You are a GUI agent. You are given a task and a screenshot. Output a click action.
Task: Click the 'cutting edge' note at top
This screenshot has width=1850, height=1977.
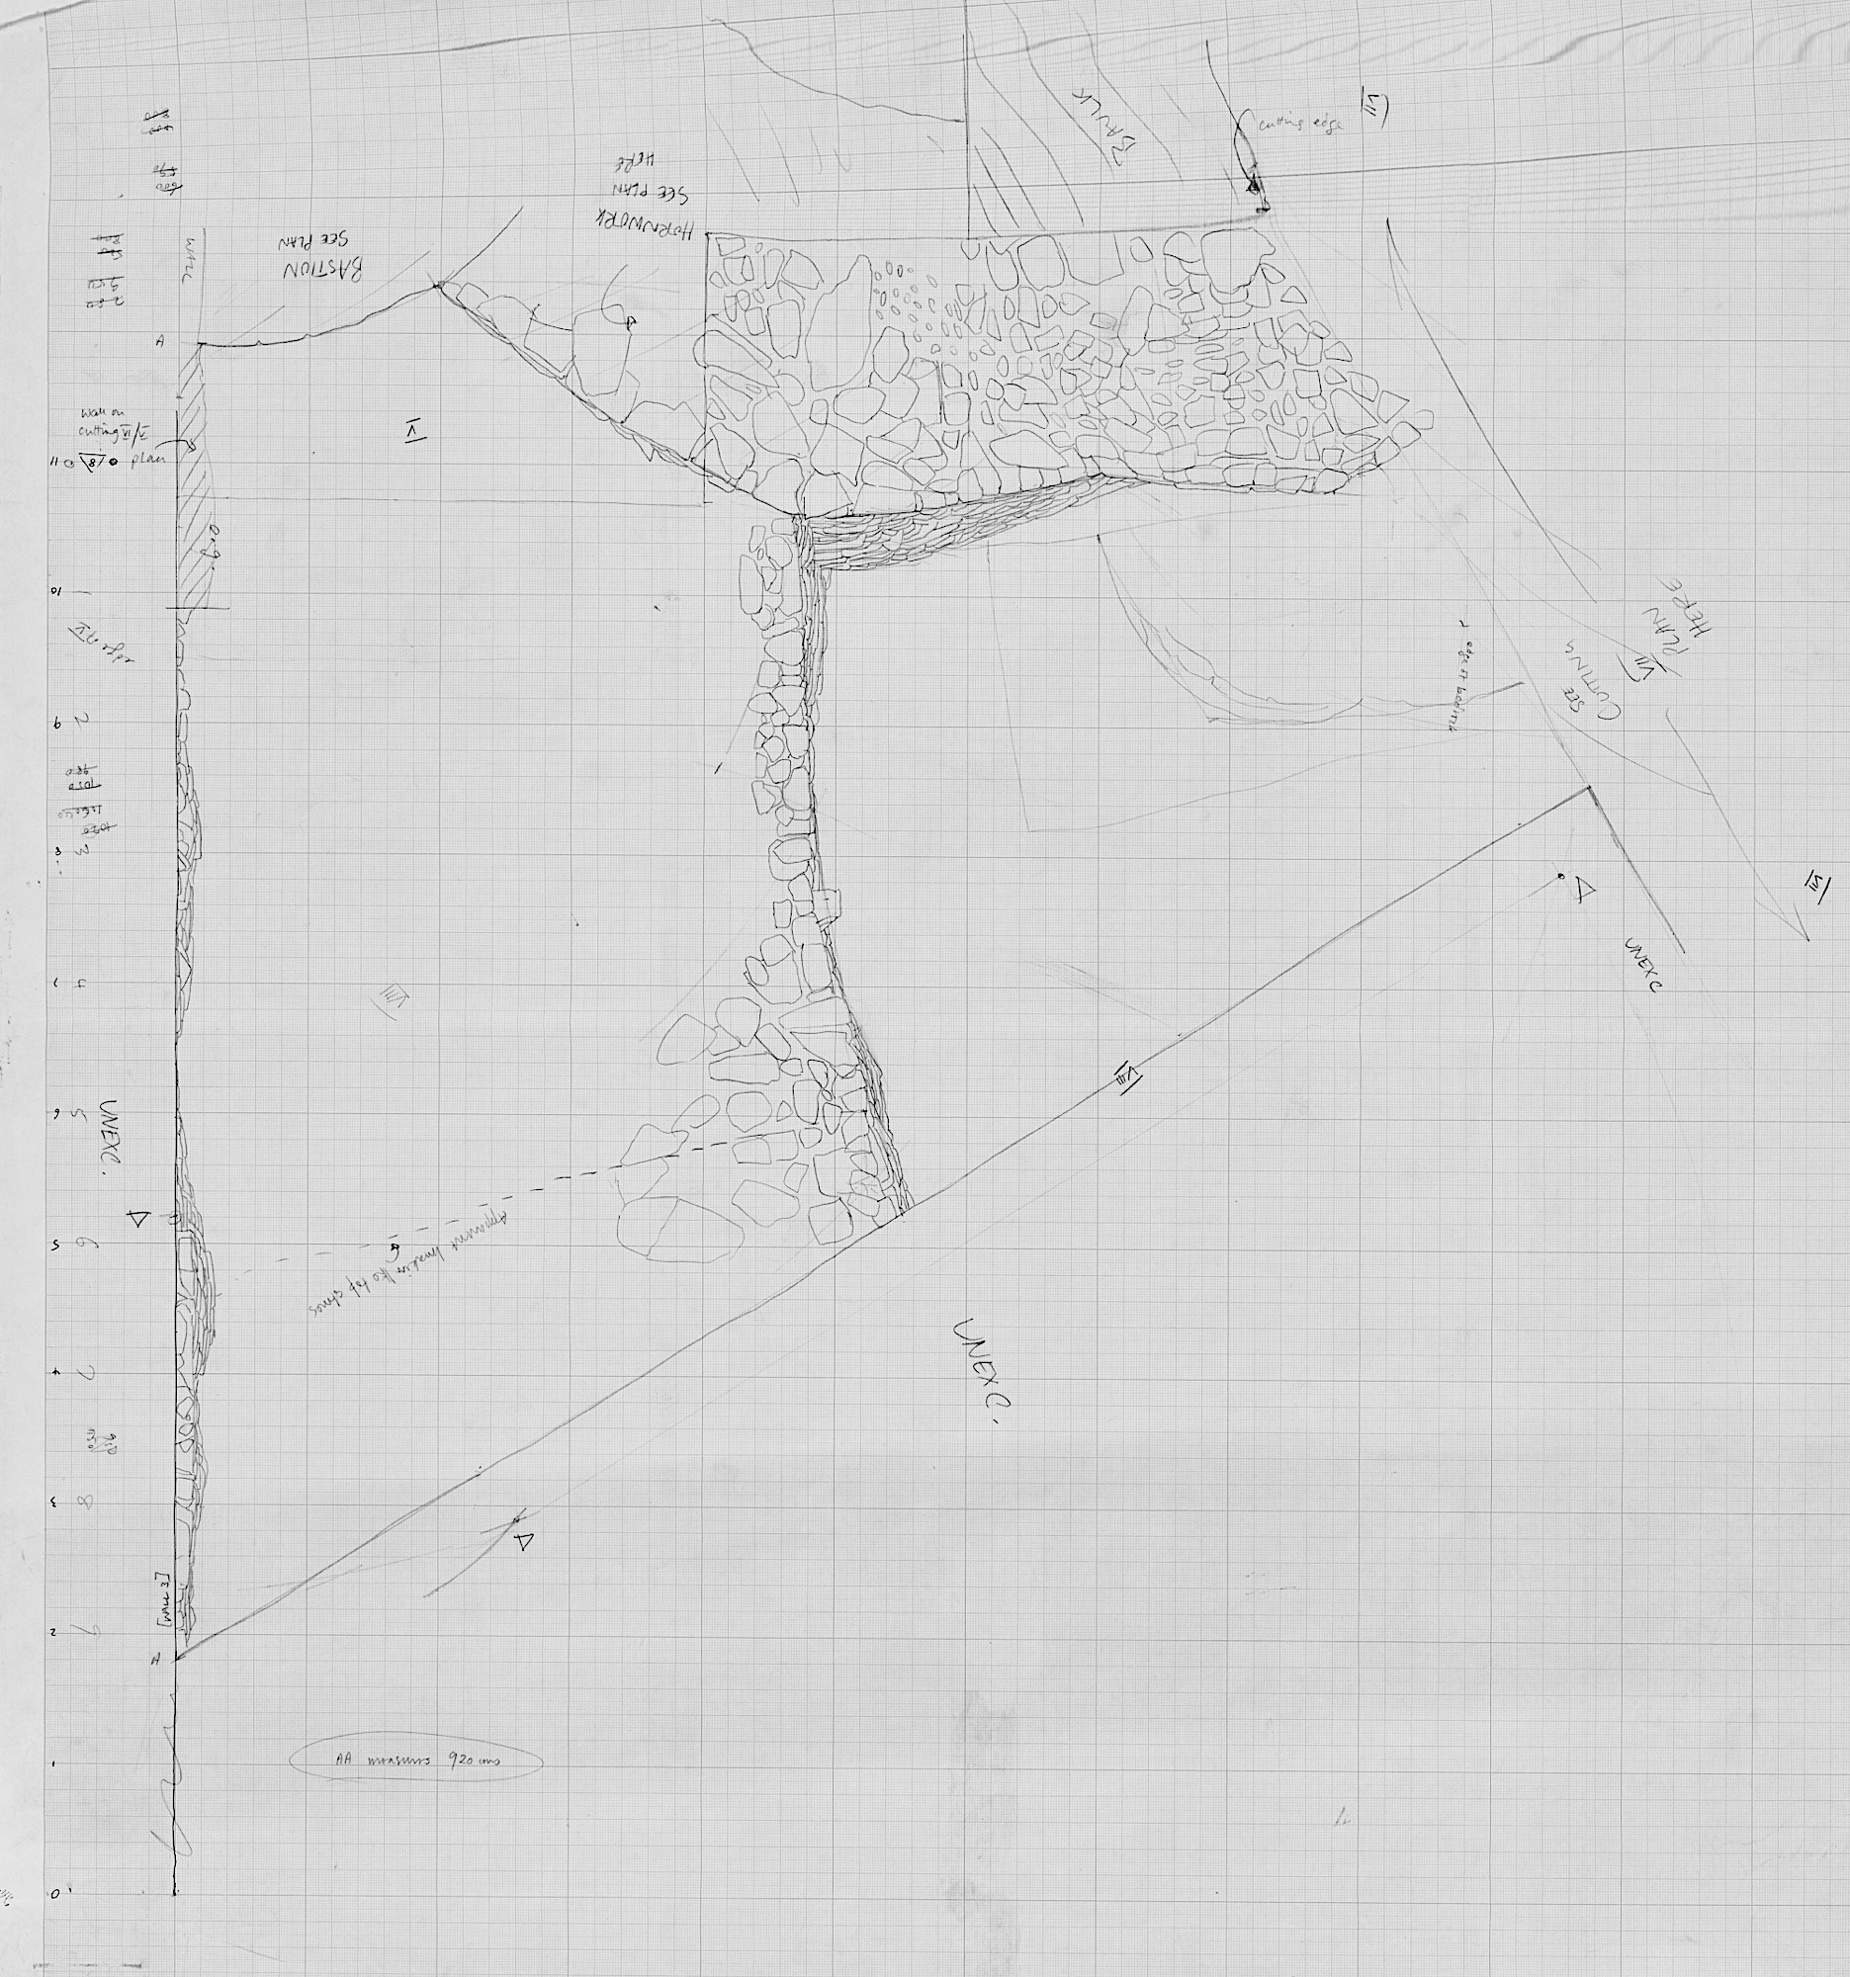click(x=1301, y=127)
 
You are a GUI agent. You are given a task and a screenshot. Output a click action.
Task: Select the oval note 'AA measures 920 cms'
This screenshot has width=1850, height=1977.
click(x=415, y=1761)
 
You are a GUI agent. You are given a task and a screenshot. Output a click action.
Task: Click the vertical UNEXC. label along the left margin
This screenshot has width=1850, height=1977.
click(x=110, y=1139)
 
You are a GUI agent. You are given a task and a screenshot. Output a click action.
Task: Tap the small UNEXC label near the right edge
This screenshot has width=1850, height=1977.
click(x=1642, y=964)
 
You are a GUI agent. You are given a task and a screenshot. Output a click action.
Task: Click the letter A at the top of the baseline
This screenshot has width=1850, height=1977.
click(x=159, y=341)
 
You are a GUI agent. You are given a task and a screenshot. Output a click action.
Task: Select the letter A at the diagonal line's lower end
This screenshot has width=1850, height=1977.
click(x=154, y=1657)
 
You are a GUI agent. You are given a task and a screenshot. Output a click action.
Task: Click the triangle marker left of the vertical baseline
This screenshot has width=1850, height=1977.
click(x=138, y=1217)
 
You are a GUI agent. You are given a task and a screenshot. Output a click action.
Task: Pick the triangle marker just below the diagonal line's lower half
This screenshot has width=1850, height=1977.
click(x=524, y=1541)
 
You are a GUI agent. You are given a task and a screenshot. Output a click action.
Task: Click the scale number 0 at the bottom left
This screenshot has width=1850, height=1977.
click(x=54, y=1894)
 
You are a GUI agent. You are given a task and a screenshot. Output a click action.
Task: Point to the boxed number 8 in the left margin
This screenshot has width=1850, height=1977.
click(x=88, y=462)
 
